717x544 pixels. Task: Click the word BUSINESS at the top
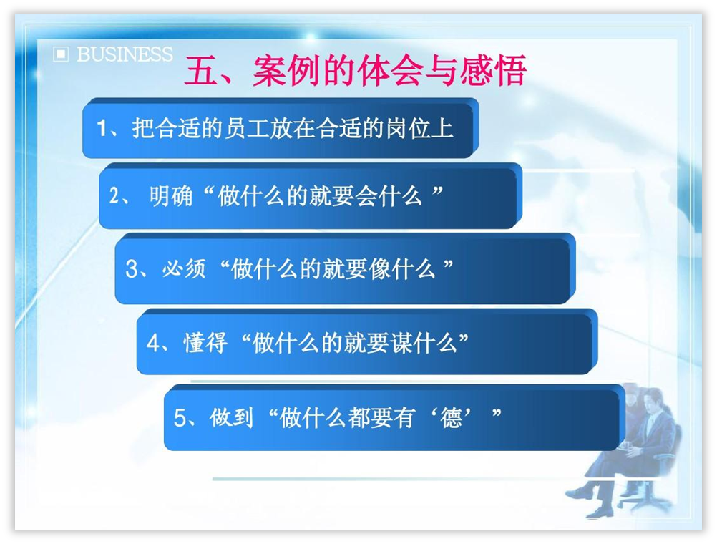pos(125,54)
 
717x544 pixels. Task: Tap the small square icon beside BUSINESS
pos(61,54)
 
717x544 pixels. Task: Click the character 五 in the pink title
pos(201,71)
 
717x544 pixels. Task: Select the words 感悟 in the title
pos(493,71)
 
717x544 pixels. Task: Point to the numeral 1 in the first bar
pos(102,127)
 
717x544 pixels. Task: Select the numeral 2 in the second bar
pos(114,196)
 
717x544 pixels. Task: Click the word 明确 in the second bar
pos(171,196)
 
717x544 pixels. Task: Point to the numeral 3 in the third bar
pos(131,268)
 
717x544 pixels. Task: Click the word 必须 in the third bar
pos(184,268)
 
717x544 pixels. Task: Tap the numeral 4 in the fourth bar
pos(152,343)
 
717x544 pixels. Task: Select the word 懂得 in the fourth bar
pos(205,343)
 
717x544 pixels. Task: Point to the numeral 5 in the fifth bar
pos(180,418)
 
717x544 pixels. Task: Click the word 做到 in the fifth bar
pos(231,418)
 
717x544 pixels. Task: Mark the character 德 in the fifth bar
pos(451,418)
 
